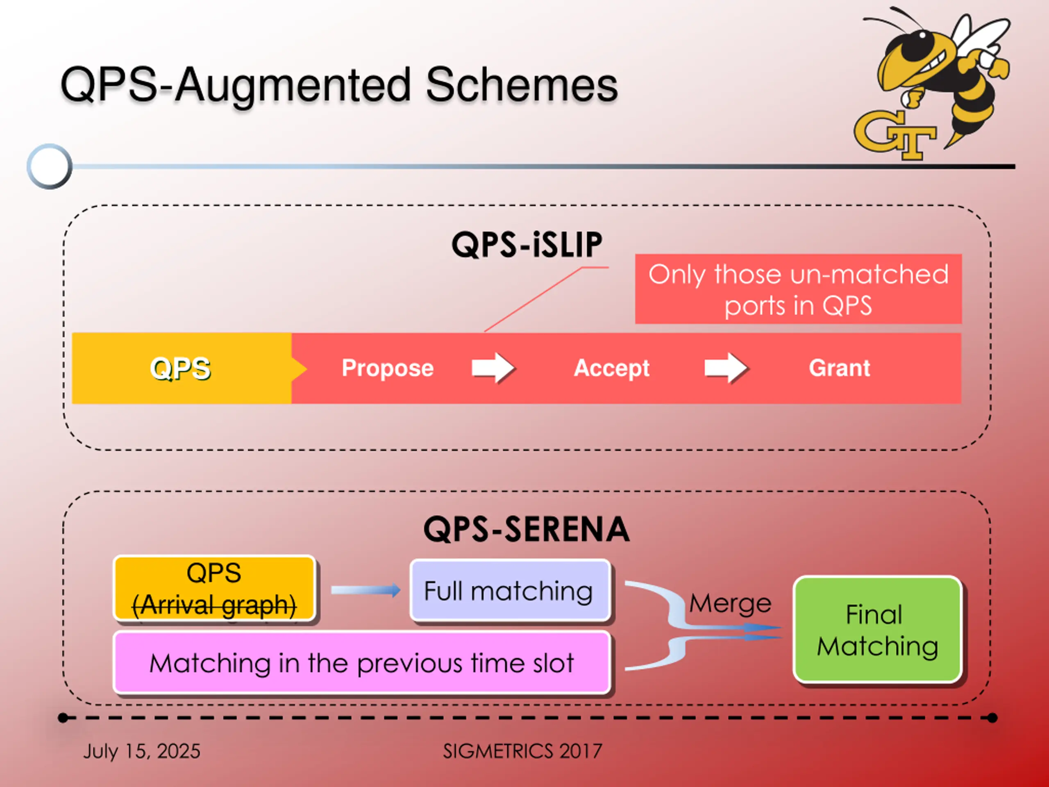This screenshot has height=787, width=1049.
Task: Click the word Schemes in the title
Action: click(522, 84)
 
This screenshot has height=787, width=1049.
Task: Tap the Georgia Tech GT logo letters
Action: click(895, 135)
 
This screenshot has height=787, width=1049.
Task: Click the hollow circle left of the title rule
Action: click(49, 166)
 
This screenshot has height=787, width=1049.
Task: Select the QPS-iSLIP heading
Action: click(527, 245)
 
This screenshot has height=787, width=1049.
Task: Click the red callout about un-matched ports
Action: click(798, 289)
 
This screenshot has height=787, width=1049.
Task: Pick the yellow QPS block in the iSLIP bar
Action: click(182, 368)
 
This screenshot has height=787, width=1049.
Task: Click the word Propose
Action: click(388, 368)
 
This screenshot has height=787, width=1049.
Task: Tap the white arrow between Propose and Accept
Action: click(493, 368)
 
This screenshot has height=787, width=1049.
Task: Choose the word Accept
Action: click(612, 368)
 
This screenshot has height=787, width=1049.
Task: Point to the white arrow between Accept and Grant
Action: click(726, 368)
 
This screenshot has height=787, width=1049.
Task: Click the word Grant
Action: click(839, 368)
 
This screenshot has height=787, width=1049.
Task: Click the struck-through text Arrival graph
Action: click(214, 605)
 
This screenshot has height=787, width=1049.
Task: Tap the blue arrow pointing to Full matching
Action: click(366, 590)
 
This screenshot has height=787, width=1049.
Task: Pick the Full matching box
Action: click(510, 590)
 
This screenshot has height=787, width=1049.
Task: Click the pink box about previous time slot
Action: click(361, 663)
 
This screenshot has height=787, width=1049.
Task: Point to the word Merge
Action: click(730, 603)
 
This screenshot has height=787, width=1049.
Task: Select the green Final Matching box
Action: click(877, 630)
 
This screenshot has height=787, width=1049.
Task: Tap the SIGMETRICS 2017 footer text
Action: click(522, 751)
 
